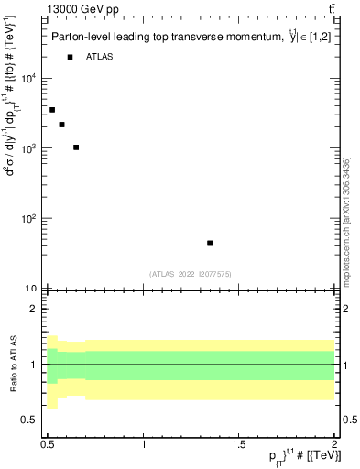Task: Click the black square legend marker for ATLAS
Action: tap(70, 57)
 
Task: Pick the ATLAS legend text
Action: tap(100, 57)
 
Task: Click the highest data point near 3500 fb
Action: tap(52, 110)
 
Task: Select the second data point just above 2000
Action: tap(61, 125)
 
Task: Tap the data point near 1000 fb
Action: tap(76, 147)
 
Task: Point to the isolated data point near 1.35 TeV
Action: tap(210, 243)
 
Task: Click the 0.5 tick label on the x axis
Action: tap(49, 443)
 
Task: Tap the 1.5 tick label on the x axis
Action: tap(239, 443)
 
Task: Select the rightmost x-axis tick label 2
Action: tap(333, 443)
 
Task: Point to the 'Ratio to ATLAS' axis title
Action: tap(14, 364)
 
